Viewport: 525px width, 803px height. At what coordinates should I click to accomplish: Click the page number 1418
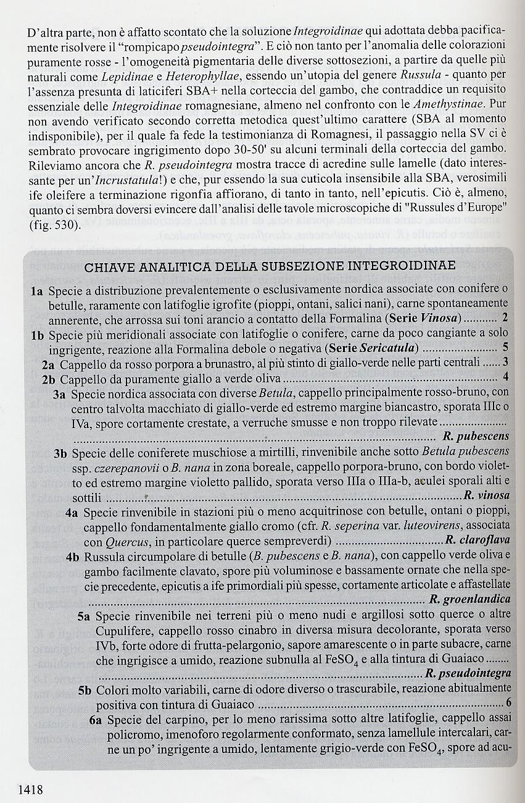[x=30, y=789]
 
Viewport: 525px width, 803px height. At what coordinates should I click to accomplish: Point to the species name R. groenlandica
[x=478, y=599]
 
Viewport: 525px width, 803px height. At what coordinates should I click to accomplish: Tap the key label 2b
[x=49, y=378]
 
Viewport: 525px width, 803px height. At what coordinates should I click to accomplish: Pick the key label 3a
[x=60, y=393]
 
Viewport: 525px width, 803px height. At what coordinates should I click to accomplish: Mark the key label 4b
[x=73, y=556]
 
